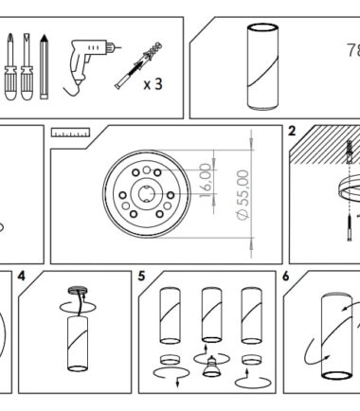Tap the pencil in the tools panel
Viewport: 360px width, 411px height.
pos(45,66)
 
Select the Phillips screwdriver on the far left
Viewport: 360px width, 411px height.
pos(10,66)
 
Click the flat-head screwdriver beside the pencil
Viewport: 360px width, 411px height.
pos(27,66)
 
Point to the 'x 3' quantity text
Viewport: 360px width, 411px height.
pos(153,84)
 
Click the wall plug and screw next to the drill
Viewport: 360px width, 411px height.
pos(138,65)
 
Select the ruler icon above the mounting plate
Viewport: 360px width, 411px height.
pos(71,133)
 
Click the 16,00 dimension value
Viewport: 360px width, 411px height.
pos(206,180)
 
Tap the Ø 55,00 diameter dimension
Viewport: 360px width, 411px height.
pos(243,195)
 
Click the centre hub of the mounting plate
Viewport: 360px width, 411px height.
pos(146,193)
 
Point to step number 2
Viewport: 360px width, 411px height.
pos(292,131)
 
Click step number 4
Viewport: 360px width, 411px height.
pos(22,277)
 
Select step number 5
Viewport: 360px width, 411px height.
pos(141,277)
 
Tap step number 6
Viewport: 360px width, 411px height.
pos(286,277)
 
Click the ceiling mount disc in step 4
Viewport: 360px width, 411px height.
pos(78,291)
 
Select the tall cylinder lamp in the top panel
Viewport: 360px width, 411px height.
pos(262,66)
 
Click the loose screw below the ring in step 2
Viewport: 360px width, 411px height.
pos(350,227)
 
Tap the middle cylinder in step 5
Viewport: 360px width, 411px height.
pos(212,315)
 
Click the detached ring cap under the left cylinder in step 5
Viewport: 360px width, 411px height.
pos(170,360)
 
